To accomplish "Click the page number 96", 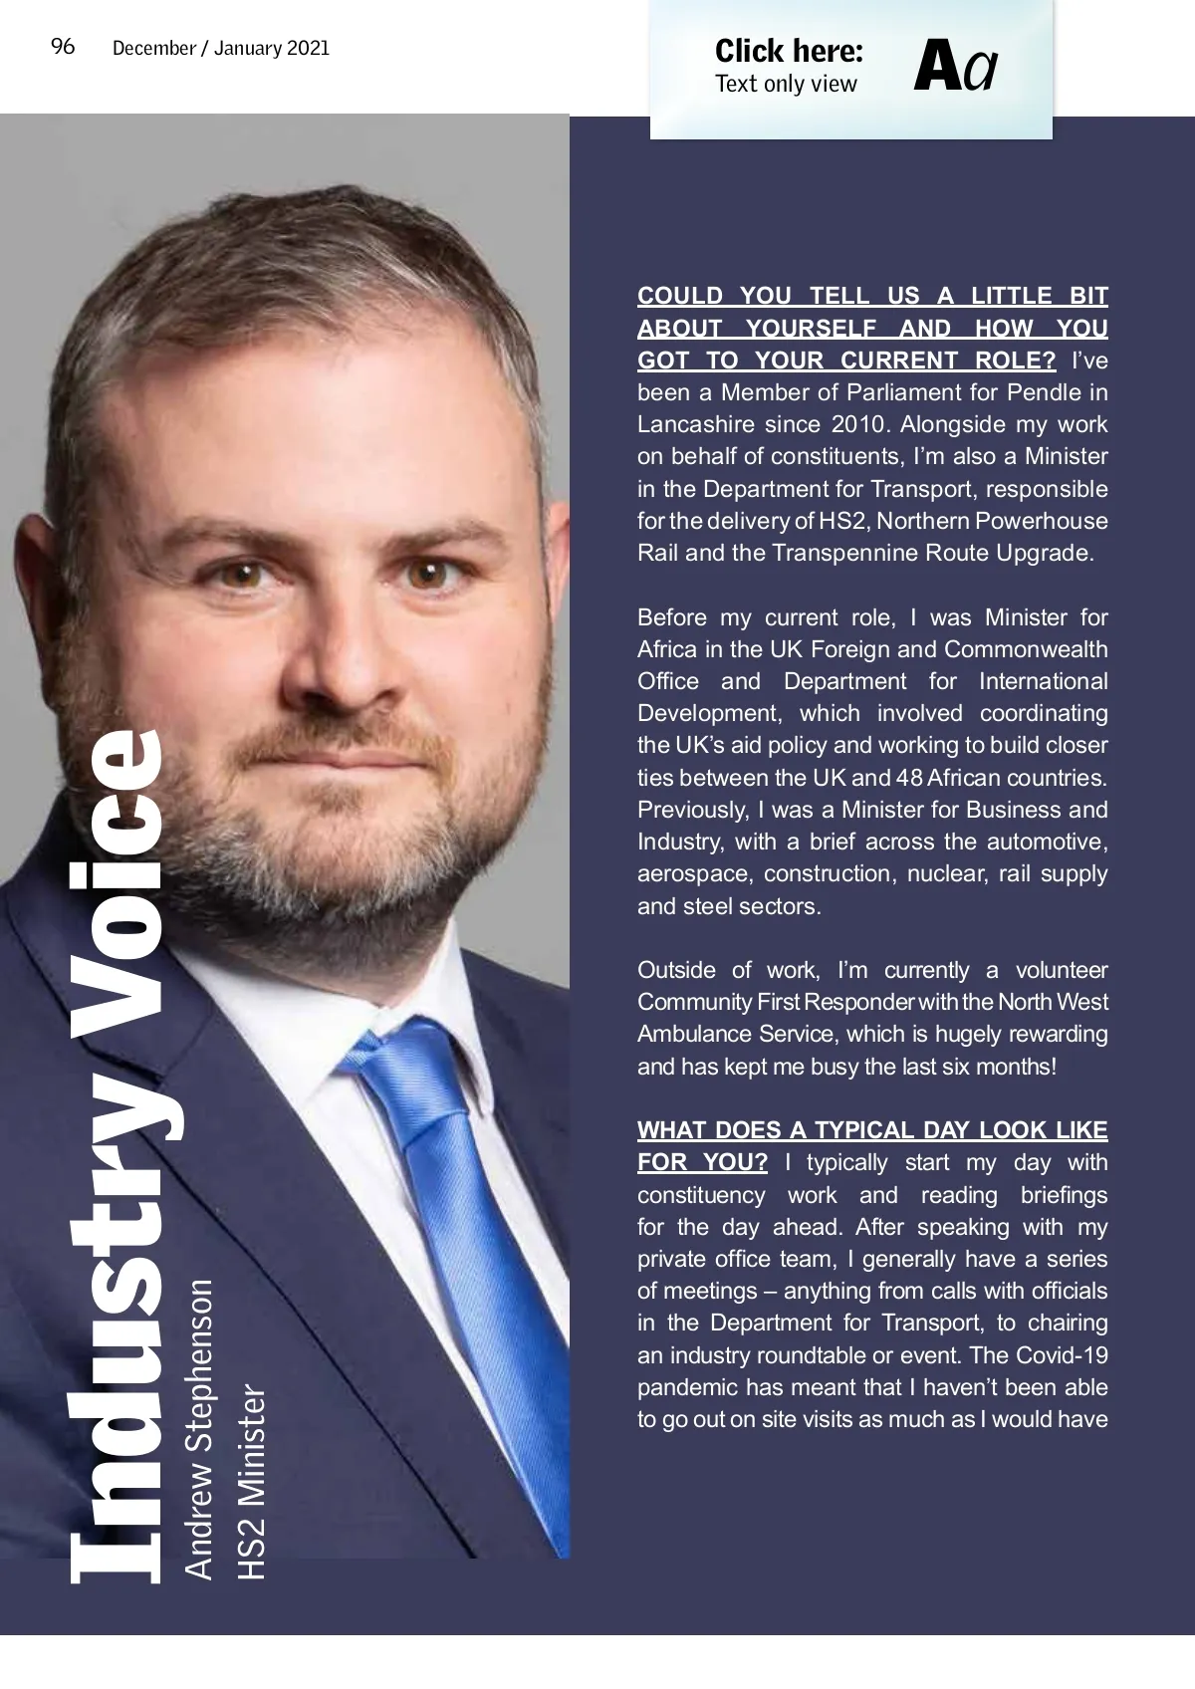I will point(63,47).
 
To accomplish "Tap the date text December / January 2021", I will point(221,48).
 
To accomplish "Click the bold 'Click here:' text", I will point(789,51).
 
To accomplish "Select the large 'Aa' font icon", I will point(955,67).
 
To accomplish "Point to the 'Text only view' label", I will point(786,84).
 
